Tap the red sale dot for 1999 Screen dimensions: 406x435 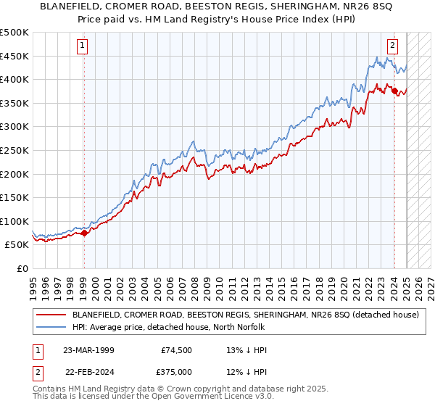pos(84,233)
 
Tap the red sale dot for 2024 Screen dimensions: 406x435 pos(394,91)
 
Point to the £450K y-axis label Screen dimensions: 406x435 pos(14,56)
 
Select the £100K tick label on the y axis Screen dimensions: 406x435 pos(14,221)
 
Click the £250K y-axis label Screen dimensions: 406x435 pos(14,150)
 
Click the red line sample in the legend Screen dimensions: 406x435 pos(51,315)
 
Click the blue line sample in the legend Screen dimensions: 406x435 pos(51,327)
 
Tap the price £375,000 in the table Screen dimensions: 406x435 pos(177,370)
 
